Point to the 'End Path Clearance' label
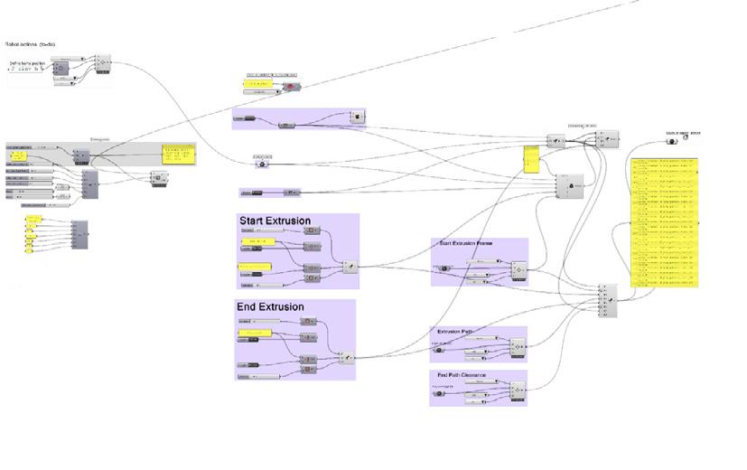tap(462, 374)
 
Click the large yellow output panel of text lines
tap(666, 221)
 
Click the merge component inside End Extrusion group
tap(345, 358)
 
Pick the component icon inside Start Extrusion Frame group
tap(518, 269)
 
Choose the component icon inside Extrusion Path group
tap(518, 346)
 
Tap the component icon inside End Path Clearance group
tap(518, 390)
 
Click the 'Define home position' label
tap(28, 62)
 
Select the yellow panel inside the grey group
tap(179, 155)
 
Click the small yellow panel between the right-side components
tap(530, 160)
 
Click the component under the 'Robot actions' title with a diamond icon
tap(102, 62)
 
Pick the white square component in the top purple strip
tap(358, 117)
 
